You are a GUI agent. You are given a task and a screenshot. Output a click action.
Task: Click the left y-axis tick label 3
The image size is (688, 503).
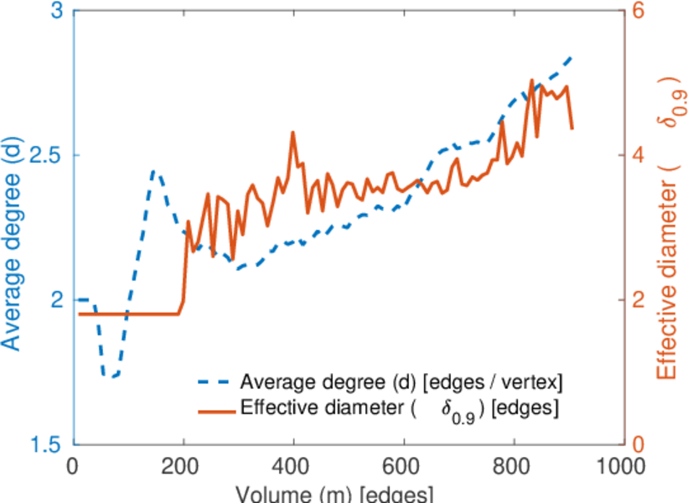pyautogui.click(x=58, y=12)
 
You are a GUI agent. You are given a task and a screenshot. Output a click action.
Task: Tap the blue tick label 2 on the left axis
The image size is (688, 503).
pyautogui.click(x=58, y=300)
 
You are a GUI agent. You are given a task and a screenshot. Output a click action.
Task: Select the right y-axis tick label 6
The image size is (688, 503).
pyautogui.click(x=639, y=12)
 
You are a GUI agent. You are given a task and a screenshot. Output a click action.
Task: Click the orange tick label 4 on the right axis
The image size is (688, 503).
pyautogui.click(x=639, y=156)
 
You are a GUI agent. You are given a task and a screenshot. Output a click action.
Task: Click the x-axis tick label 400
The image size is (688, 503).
pyautogui.click(x=293, y=466)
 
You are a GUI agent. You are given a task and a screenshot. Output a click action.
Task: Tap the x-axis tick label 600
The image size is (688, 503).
pyautogui.click(x=404, y=466)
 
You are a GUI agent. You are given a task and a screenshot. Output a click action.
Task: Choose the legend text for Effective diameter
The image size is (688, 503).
pyautogui.click(x=400, y=409)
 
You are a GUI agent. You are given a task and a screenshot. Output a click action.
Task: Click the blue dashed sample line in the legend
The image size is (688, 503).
pyautogui.click(x=215, y=381)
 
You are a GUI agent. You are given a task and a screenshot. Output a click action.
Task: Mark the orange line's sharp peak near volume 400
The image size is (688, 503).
pyautogui.click(x=293, y=132)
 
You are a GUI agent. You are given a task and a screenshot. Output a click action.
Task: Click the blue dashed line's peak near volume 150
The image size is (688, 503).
pyautogui.click(x=153, y=170)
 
